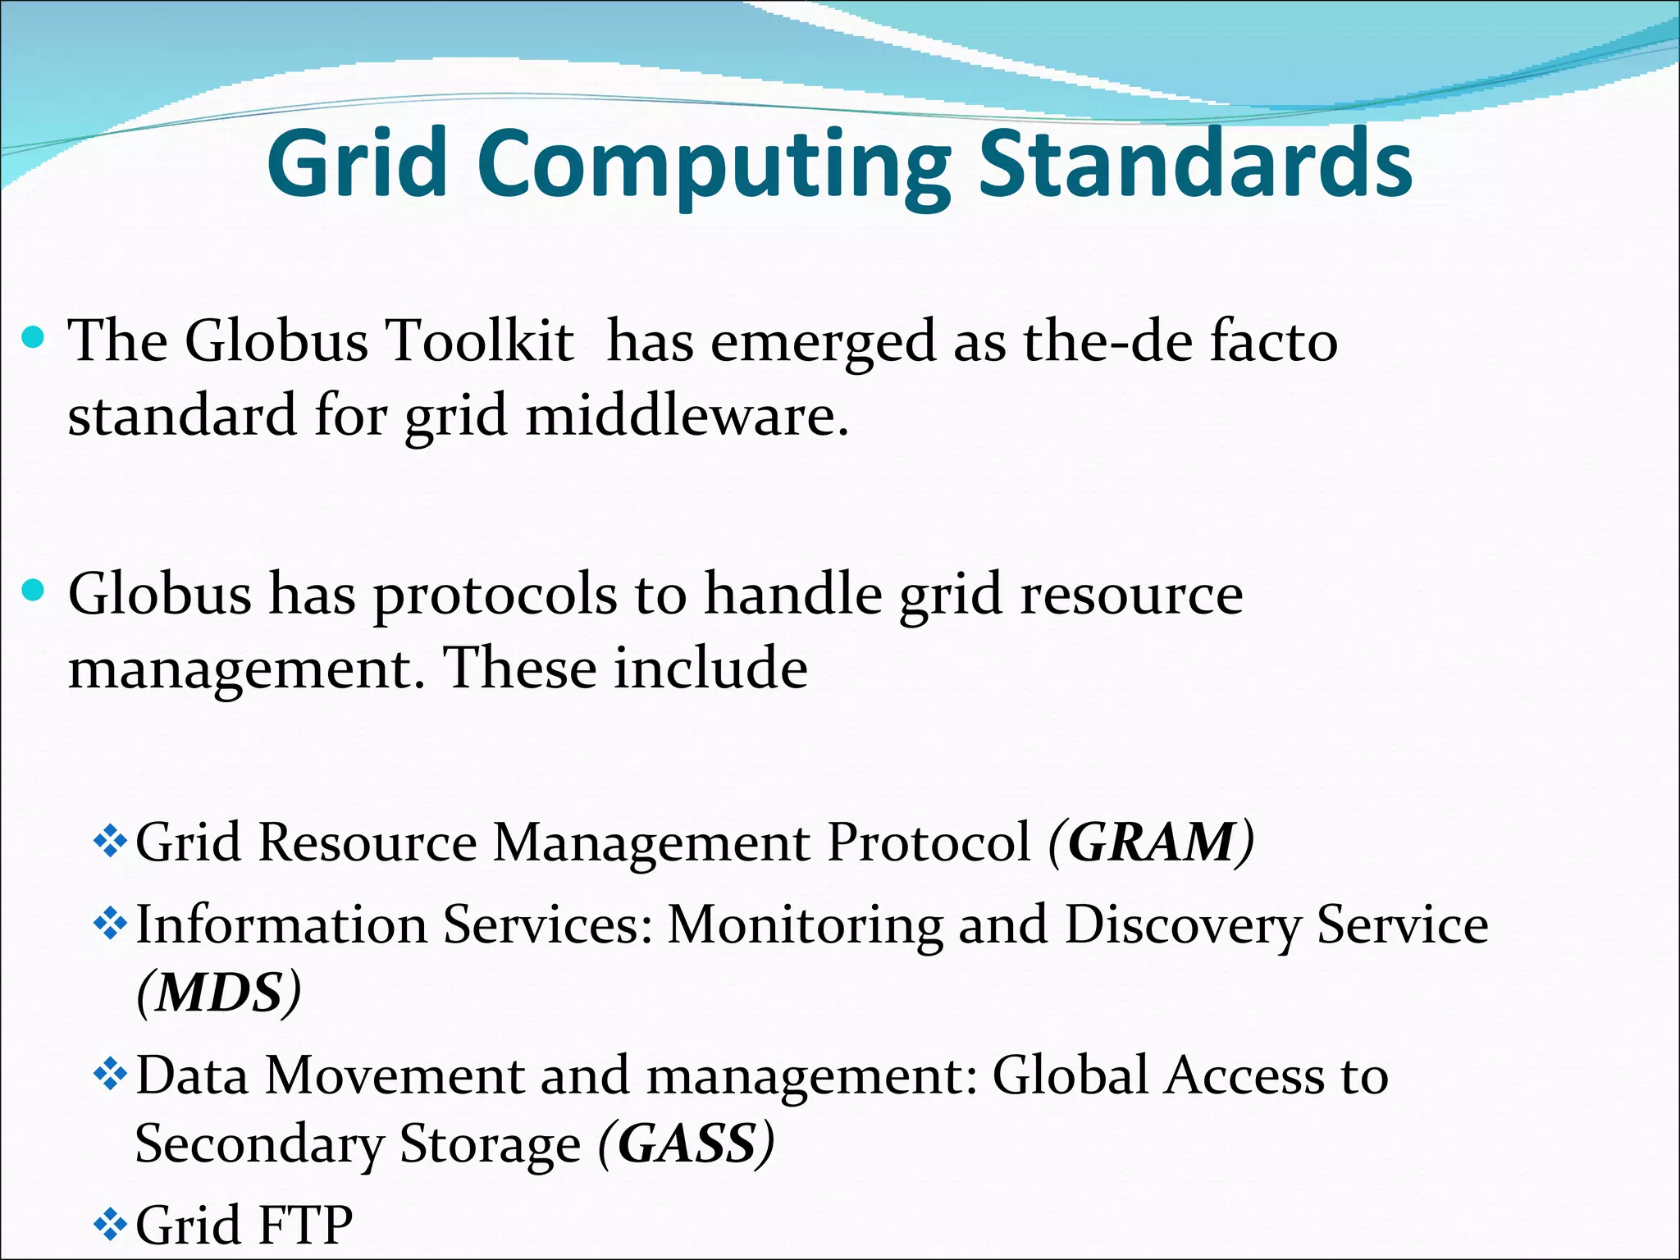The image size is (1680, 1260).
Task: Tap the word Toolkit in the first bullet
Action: pos(479,341)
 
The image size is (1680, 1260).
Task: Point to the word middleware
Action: pos(687,416)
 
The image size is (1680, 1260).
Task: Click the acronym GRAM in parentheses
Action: pos(1151,842)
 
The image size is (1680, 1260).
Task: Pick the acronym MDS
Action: pos(219,993)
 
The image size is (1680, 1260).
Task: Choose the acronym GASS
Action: pos(687,1144)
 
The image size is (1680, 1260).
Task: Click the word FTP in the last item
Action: pos(304,1226)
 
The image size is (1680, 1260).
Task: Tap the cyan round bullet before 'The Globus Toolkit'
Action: pos(33,337)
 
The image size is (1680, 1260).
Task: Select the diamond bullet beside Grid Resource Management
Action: pos(110,842)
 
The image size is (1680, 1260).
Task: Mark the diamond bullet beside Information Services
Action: pos(110,925)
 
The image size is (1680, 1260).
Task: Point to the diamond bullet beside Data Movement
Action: pos(110,1075)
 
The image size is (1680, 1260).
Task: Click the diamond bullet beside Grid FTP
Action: pos(110,1226)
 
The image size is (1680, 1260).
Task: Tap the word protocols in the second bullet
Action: pos(495,596)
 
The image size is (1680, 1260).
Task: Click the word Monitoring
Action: pos(804,927)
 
